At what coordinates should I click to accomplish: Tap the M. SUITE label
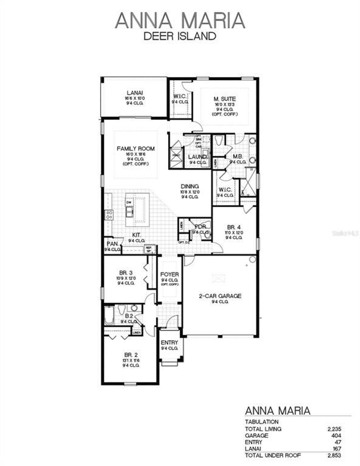(224, 99)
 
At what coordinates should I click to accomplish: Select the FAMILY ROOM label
(136, 148)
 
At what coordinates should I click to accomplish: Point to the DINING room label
(190, 186)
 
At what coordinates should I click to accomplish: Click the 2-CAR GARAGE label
(220, 296)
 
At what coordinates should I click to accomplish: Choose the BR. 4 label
(234, 227)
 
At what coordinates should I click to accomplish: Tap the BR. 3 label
(126, 272)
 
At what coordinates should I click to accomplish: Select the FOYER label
(170, 274)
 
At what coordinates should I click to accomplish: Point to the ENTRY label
(169, 343)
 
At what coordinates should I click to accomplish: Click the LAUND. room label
(197, 157)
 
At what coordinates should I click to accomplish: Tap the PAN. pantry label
(112, 243)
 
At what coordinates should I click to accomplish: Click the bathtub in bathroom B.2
(108, 315)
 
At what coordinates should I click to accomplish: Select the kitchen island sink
(129, 211)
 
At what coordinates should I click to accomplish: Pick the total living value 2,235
(334, 429)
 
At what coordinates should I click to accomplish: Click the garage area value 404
(336, 435)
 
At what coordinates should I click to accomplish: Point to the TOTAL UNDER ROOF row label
(273, 455)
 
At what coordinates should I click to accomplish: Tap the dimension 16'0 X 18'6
(136, 154)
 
